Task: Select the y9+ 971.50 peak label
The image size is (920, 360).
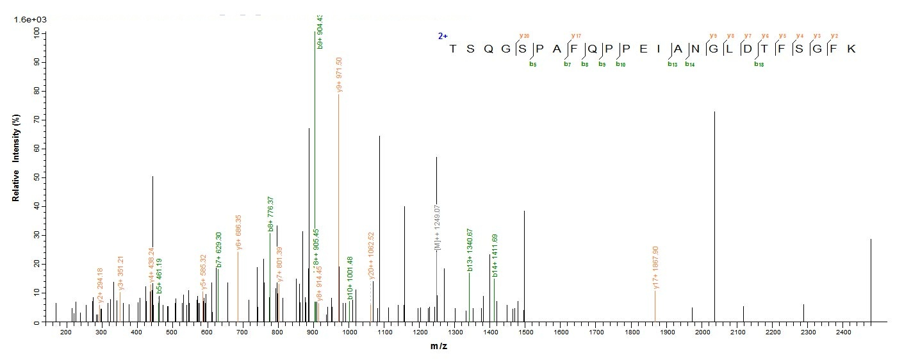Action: pyautogui.click(x=340, y=76)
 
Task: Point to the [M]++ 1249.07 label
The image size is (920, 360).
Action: pyautogui.click(x=438, y=227)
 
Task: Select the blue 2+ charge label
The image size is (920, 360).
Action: pyautogui.click(x=443, y=37)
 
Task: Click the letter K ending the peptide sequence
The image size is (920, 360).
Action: pyautogui.click(x=851, y=49)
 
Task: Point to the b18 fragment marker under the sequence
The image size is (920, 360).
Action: pyautogui.click(x=759, y=63)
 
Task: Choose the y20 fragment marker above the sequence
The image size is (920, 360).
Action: pyautogui.click(x=525, y=35)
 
